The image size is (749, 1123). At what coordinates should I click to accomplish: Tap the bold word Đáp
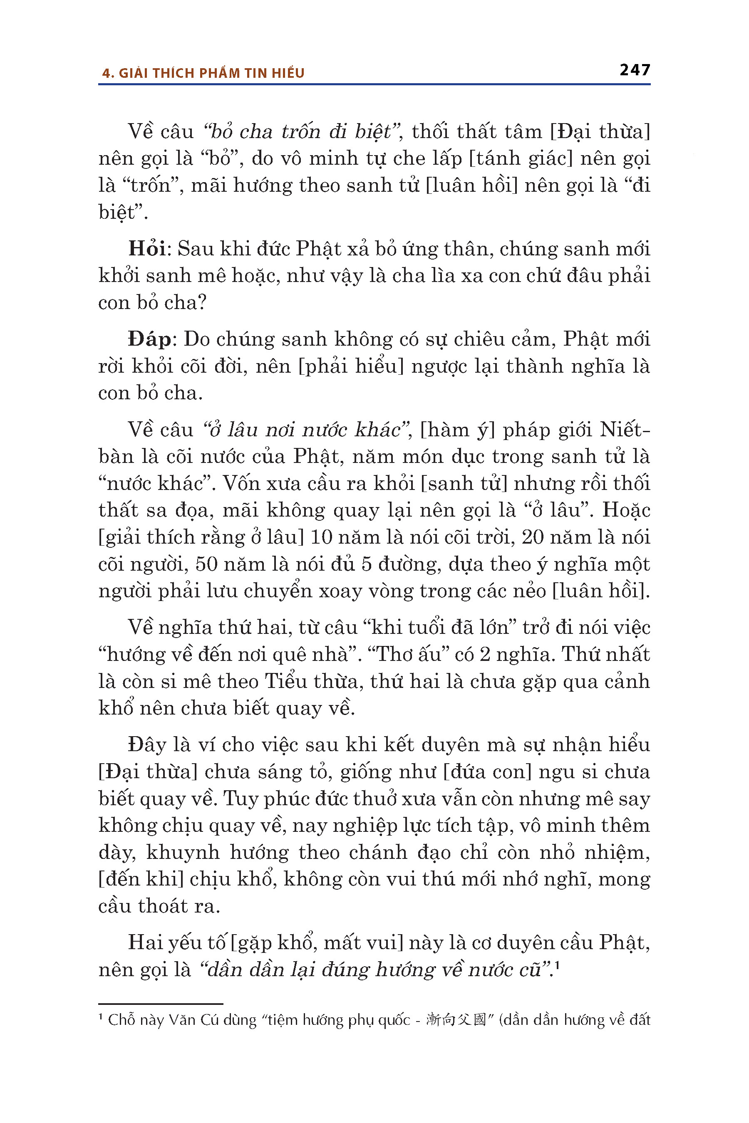click(x=149, y=339)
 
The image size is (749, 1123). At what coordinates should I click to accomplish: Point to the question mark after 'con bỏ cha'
click(x=202, y=303)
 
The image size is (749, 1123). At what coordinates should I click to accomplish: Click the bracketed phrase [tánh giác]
click(x=521, y=158)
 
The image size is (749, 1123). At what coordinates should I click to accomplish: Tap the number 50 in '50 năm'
click(x=206, y=564)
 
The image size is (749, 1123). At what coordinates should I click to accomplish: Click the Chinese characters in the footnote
click(x=456, y=1020)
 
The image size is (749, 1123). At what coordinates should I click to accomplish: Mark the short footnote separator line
click(x=161, y=1004)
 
